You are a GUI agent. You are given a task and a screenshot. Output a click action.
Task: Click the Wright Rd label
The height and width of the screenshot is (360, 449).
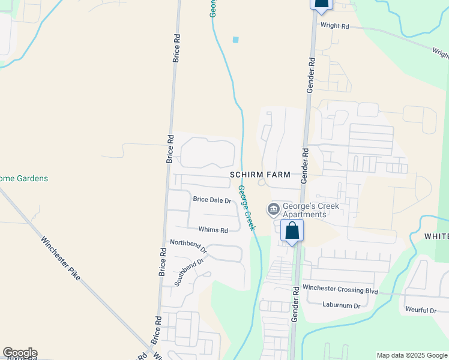335,26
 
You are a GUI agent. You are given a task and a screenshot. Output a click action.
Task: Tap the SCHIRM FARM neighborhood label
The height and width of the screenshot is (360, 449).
260,175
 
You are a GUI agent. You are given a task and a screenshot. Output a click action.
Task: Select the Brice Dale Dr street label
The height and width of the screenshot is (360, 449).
212,200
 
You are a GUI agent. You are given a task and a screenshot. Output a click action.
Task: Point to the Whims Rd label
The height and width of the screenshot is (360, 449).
213,230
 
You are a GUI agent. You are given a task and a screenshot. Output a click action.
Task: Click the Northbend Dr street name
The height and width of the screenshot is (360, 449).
188,245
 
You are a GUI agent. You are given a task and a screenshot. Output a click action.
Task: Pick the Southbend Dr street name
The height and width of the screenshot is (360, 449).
190,271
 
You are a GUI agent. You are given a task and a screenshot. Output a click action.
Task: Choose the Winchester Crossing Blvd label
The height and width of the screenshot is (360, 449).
340,290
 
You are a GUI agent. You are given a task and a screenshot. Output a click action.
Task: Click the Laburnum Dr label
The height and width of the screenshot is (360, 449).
340,305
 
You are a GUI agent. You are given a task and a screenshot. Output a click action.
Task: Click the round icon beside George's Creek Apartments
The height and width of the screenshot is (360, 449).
273,209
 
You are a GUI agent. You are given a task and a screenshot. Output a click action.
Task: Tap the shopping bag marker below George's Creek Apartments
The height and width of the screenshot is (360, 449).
292,231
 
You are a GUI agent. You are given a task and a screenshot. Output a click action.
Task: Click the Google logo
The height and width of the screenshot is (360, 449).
20,353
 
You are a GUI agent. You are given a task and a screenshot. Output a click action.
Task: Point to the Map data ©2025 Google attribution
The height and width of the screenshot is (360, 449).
412,355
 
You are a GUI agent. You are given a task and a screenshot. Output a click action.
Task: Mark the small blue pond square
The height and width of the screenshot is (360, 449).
235,40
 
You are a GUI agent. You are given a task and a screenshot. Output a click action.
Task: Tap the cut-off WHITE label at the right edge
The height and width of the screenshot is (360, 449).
436,236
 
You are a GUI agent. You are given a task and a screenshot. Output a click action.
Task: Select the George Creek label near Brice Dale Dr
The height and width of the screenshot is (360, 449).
246,208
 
